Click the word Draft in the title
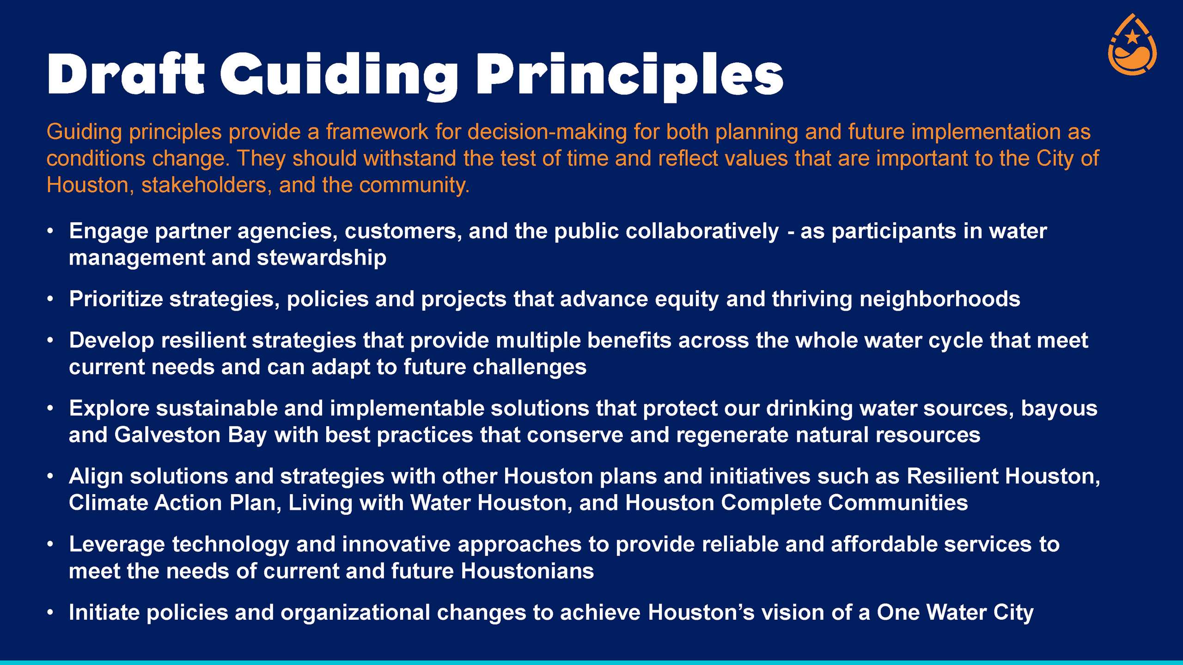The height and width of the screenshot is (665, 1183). [x=126, y=74]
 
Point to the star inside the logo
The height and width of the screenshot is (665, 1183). [x=1132, y=36]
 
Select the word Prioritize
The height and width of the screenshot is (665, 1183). [x=116, y=299]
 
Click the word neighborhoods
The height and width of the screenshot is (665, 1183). [x=939, y=299]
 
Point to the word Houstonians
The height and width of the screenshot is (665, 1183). [x=527, y=571]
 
